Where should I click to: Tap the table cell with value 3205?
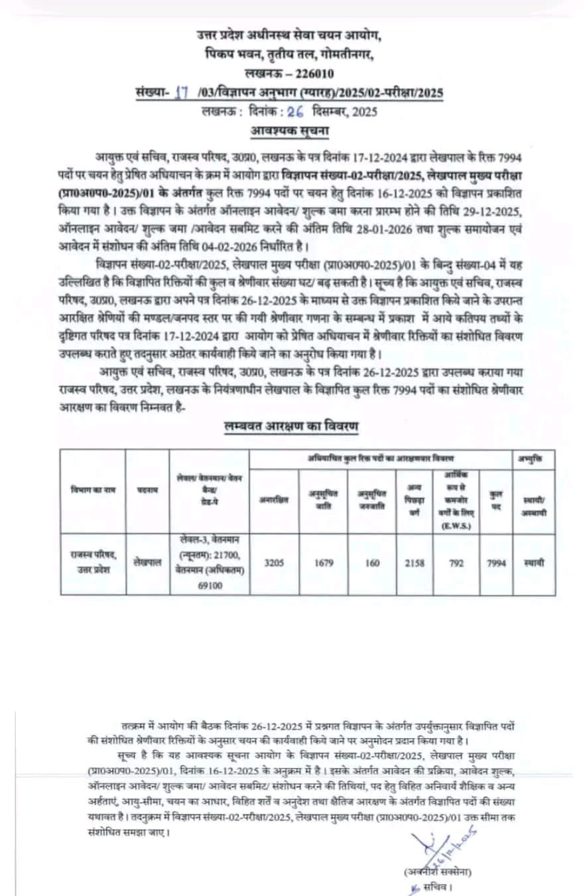point(275,563)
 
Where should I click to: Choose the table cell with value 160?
point(373,563)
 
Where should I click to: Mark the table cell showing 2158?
point(415,563)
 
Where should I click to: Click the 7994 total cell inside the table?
point(495,563)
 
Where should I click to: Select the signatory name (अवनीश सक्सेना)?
point(436,871)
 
